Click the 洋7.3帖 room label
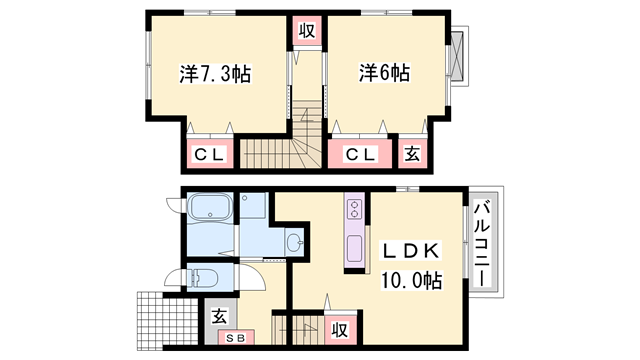click(x=215, y=74)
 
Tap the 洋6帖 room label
click(x=385, y=73)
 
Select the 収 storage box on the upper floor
click(x=309, y=31)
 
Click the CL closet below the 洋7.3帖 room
click(x=211, y=154)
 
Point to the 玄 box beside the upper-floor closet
click(x=412, y=154)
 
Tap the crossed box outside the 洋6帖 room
click(x=458, y=56)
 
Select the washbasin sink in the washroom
click(x=294, y=242)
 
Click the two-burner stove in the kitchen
click(x=353, y=209)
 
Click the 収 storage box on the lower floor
click(x=340, y=328)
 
